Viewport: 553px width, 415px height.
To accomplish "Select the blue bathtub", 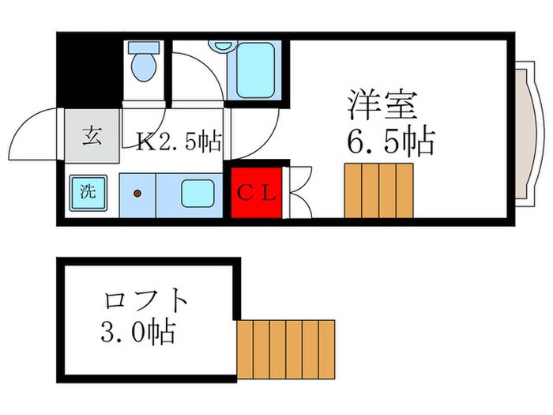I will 254,68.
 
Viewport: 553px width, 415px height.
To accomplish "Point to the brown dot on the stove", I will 137,193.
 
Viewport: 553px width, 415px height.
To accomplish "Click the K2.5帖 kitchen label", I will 179,142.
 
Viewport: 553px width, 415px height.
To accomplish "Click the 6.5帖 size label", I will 390,142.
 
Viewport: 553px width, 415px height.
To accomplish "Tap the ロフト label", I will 146,301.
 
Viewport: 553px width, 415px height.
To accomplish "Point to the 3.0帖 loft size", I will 138,332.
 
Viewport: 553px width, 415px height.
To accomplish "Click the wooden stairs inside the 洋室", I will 379,190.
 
